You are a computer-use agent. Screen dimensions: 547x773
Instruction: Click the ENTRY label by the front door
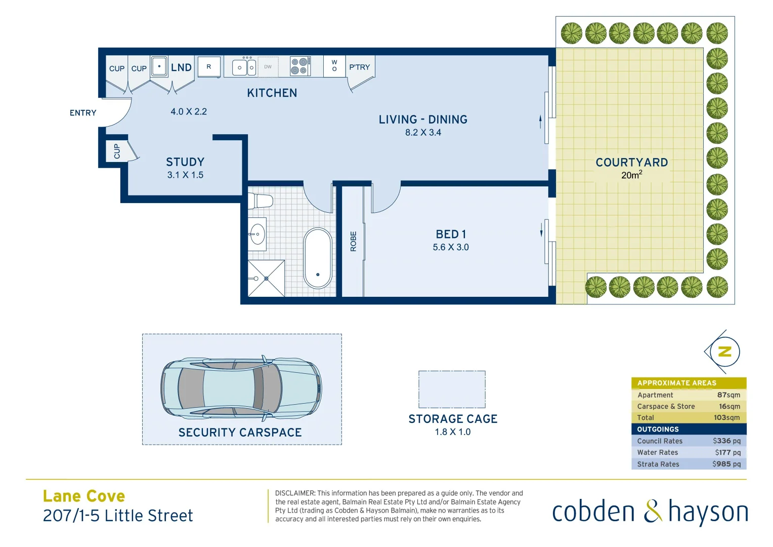pyautogui.click(x=83, y=113)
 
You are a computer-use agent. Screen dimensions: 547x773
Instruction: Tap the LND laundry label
pyautogui.click(x=181, y=68)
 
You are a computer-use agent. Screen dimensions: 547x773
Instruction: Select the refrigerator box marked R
pyautogui.click(x=209, y=67)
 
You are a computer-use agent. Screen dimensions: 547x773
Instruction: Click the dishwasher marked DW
pyautogui.click(x=268, y=67)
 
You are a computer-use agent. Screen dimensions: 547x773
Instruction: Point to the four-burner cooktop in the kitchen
pyautogui.click(x=299, y=66)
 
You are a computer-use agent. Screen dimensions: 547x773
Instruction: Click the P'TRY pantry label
pyautogui.click(x=360, y=67)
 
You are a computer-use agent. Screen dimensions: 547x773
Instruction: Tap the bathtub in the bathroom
pyautogui.click(x=318, y=258)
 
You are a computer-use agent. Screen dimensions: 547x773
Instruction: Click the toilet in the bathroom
pyautogui.click(x=261, y=201)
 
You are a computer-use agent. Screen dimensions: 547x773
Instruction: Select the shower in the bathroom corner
pyautogui.click(x=266, y=278)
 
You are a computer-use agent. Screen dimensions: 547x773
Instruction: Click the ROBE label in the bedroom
pyautogui.click(x=354, y=241)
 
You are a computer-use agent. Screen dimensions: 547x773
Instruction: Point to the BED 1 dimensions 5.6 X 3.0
pyautogui.click(x=451, y=248)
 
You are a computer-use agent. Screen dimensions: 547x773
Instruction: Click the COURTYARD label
pyautogui.click(x=632, y=163)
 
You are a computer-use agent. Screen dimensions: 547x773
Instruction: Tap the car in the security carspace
pyautogui.click(x=241, y=387)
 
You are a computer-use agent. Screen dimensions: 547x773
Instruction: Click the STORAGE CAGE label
pyautogui.click(x=453, y=419)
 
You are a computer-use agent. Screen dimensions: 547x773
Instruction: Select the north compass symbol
pyautogui.click(x=724, y=351)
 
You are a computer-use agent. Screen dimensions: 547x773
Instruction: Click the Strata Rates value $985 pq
pyautogui.click(x=726, y=464)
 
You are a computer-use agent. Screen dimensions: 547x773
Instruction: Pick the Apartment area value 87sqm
pyautogui.click(x=728, y=395)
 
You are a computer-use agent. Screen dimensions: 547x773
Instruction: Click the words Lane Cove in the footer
pyautogui.click(x=84, y=496)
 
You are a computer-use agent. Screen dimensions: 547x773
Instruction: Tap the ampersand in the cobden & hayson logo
pyautogui.click(x=653, y=512)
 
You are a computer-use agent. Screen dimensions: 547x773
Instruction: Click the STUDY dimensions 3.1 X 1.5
pyautogui.click(x=185, y=175)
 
